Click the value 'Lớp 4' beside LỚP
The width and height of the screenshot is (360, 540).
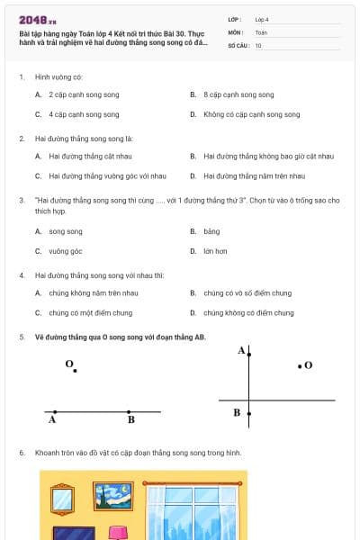(262, 19)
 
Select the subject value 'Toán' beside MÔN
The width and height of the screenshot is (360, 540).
(261, 31)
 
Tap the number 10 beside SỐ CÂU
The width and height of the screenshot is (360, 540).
(258, 45)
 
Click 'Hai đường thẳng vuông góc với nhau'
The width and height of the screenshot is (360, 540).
(107, 175)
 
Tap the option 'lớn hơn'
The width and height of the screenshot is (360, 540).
(215, 251)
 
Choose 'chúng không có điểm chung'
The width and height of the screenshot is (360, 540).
(247, 312)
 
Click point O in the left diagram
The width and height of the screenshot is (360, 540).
(75, 370)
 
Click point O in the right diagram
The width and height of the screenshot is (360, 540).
(300, 365)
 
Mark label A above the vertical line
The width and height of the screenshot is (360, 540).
(241, 350)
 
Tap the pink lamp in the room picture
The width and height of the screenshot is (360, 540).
(118, 533)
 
